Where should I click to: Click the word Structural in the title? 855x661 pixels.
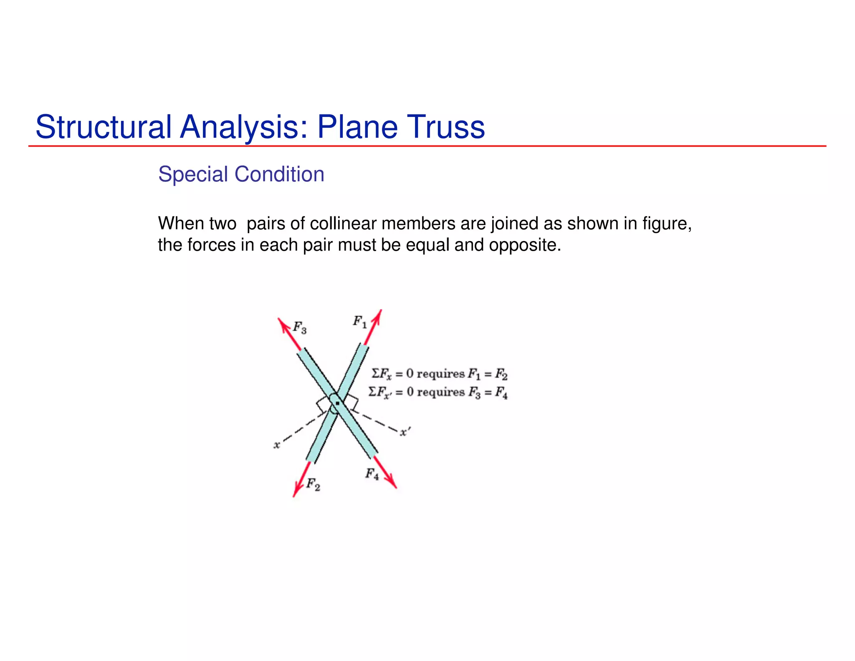pyautogui.click(x=104, y=127)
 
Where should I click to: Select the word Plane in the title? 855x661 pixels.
pyautogui.click(x=356, y=127)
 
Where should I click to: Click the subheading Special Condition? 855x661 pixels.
pyautogui.click(x=241, y=174)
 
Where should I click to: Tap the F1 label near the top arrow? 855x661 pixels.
pyautogui.click(x=359, y=322)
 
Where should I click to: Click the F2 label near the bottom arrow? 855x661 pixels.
pyautogui.click(x=313, y=484)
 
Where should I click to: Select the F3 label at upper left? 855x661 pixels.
pyautogui.click(x=300, y=327)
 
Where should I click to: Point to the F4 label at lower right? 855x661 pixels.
pyautogui.click(x=372, y=474)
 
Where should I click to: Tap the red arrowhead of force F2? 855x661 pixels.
pyautogui.click(x=296, y=491)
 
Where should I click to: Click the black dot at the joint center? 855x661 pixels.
pyautogui.click(x=337, y=403)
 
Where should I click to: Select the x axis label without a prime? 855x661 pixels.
pyautogui.click(x=276, y=445)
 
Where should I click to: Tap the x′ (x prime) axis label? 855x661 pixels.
pyautogui.click(x=405, y=432)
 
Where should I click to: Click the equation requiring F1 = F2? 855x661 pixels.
pyautogui.click(x=439, y=374)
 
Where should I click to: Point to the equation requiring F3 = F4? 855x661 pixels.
pyautogui.click(x=438, y=392)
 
